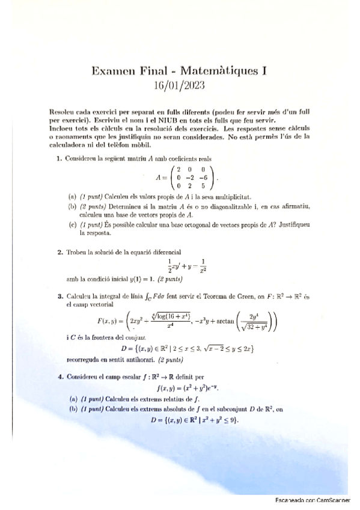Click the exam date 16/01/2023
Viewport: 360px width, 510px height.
point(180,85)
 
